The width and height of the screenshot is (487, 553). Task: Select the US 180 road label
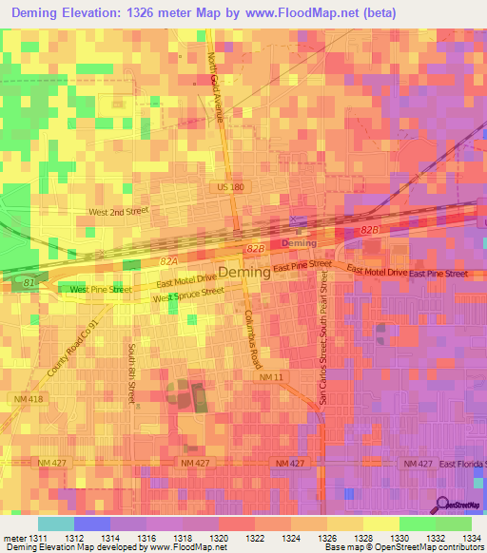click(230, 187)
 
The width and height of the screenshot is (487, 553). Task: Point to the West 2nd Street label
click(119, 212)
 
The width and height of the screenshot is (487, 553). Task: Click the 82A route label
click(169, 259)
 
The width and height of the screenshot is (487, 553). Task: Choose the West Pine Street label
click(100, 288)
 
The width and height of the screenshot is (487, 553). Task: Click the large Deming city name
click(243, 273)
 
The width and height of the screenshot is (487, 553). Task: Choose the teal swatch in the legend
click(55, 524)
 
